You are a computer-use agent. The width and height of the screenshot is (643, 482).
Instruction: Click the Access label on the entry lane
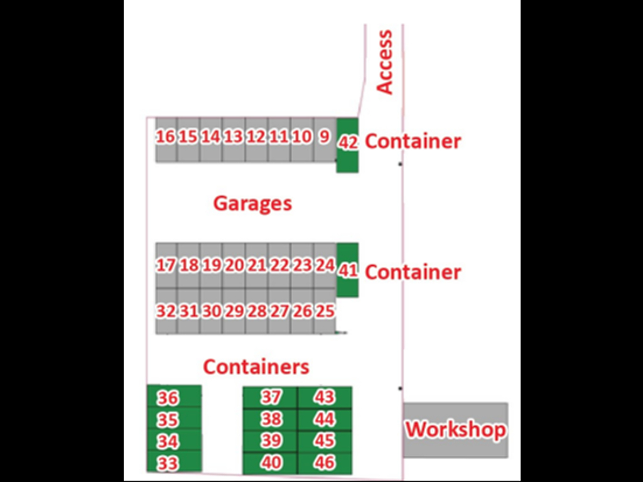point(384,62)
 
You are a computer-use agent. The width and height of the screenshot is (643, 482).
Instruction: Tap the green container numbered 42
point(347,144)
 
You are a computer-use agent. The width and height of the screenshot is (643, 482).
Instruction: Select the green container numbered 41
point(347,270)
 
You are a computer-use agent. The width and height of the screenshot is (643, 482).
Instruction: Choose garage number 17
point(166,265)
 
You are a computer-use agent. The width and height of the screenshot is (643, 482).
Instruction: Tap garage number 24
point(325,265)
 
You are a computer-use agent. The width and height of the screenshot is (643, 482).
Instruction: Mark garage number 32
point(166,311)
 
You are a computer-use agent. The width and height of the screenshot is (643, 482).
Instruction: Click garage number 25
point(325,311)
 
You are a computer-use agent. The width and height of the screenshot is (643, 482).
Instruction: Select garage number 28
point(256,311)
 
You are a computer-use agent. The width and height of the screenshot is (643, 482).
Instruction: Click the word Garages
point(252,203)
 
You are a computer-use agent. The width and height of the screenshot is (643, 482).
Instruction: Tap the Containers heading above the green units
point(256,367)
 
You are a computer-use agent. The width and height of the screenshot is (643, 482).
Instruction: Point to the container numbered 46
point(325,463)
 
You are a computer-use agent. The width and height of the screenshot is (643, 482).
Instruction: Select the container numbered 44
point(325,419)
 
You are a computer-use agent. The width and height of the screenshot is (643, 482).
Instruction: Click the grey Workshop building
point(455,431)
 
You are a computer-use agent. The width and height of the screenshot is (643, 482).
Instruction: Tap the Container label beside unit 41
point(413,272)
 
